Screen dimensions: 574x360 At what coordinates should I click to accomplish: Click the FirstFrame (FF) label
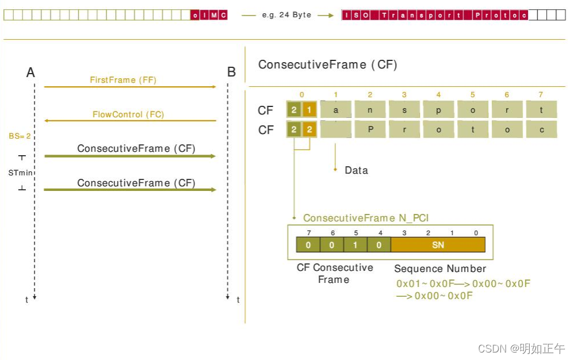(123, 80)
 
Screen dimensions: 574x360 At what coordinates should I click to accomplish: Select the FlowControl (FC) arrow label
(128, 114)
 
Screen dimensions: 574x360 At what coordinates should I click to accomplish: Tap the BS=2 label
(20, 136)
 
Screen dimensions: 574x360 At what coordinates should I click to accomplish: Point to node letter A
(30, 72)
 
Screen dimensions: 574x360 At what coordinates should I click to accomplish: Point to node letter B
(231, 72)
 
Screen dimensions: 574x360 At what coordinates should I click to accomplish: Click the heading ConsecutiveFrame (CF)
(327, 64)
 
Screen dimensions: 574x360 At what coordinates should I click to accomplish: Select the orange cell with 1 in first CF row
(309, 109)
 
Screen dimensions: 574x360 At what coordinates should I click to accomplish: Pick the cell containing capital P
(370, 129)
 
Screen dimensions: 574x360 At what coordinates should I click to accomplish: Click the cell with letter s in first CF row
(404, 109)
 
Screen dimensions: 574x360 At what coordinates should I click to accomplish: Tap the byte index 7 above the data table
(541, 94)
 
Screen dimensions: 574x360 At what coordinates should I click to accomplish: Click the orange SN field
(438, 245)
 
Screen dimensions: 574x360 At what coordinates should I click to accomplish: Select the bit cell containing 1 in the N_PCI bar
(356, 245)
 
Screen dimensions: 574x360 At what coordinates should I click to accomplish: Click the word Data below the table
(356, 170)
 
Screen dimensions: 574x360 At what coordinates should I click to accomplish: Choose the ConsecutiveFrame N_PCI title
(366, 218)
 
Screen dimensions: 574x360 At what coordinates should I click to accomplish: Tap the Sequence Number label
(440, 269)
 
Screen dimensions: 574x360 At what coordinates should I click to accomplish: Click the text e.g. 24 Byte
(286, 15)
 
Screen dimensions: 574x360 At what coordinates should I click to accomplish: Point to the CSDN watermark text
(521, 348)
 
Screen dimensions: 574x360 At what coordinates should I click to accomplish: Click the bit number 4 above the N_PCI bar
(380, 233)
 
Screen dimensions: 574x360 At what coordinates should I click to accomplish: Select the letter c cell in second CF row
(541, 129)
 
